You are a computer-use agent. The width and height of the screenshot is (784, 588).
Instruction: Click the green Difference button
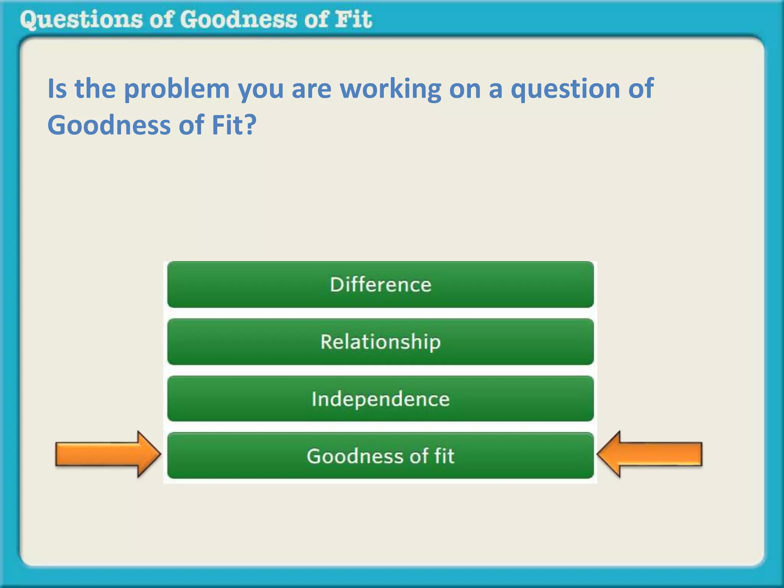coord(381,284)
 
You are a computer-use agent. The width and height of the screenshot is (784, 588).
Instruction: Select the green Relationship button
coord(381,341)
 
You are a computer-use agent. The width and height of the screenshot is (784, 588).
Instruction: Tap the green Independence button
coord(381,399)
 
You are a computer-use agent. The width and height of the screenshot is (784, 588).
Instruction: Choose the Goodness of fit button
coord(381,456)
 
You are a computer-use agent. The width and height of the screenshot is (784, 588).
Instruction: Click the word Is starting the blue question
coord(57,89)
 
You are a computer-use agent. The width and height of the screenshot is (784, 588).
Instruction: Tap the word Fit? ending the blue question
coord(234,125)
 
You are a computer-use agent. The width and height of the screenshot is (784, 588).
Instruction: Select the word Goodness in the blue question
coord(109,126)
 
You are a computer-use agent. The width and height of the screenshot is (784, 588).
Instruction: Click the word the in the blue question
coord(95,89)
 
